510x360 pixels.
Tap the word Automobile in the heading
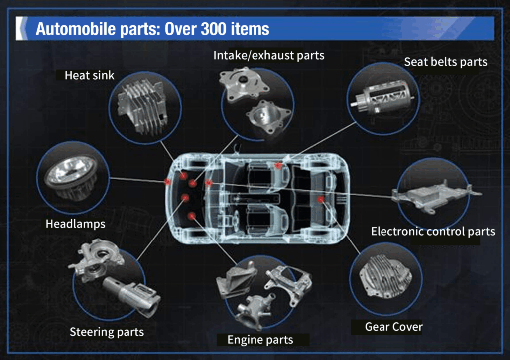(76, 29)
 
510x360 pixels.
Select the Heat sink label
(90, 76)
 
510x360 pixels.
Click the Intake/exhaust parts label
(268, 56)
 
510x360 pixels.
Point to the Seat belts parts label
(446, 62)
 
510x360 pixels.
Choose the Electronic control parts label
(433, 231)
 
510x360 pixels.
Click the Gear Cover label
(393, 327)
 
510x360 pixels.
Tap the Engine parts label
(260, 340)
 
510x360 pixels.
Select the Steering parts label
(107, 332)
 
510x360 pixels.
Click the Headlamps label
(76, 224)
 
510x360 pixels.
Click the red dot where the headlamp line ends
(167, 181)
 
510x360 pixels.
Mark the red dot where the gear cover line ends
(321, 199)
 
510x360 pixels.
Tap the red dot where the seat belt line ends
(278, 165)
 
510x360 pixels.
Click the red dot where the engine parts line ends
(192, 216)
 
